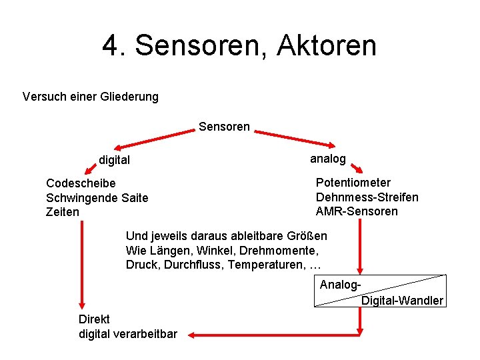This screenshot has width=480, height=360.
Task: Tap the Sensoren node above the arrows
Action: tap(224, 127)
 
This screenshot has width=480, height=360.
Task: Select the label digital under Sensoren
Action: tap(114, 160)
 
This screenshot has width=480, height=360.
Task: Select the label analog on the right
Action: tap(328, 159)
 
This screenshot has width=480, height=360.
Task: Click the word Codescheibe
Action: tap(81, 183)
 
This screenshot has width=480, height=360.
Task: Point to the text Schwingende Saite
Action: tap(97, 198)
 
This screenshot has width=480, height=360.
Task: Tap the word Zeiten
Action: tap(63, 212)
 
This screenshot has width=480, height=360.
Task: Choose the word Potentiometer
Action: tap(353, 183)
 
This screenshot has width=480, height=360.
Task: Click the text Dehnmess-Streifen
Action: tap(367, 197)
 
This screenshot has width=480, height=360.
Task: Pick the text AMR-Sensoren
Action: tap(357, 211)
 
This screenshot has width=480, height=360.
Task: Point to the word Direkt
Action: tap(94, 319)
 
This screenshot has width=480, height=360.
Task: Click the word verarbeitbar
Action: tap(144, 334)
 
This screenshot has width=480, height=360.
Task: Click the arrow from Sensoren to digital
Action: tap(153, 138)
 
